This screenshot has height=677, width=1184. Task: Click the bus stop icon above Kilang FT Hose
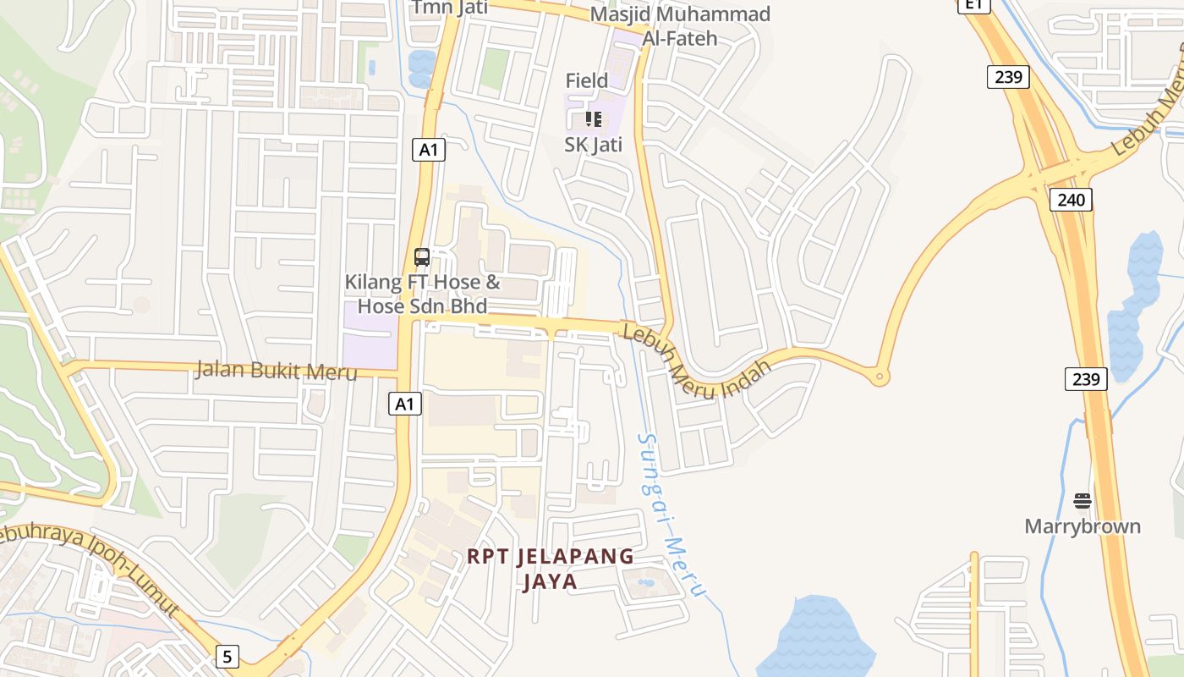pos(422,257)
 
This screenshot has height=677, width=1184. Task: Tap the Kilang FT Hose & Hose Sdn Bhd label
pos(422,293)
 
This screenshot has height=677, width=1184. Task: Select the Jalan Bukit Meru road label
pos(276,371)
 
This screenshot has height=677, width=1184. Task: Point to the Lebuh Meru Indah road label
pos(697,361)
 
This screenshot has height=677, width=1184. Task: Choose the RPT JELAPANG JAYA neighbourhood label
pos(550,569)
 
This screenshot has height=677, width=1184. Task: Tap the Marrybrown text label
pos(1083,526)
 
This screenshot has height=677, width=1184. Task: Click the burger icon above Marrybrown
pos(1083,501)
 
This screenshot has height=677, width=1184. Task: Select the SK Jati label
pos(594,145)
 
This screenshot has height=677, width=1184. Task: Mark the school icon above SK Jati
pos(594,119)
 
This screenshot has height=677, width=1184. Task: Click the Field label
pos(587,80)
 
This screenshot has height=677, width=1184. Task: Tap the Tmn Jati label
pos(439,8)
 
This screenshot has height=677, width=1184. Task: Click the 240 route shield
pos(1072,200)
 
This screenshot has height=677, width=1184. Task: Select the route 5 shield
pos(227,656)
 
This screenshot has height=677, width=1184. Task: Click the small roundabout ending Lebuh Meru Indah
pos(880,377)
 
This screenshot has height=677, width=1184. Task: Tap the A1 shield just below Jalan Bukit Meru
pos(406,404)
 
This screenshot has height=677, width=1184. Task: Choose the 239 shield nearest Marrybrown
pos(1086,378)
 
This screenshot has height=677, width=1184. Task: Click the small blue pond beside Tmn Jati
pos(420,68)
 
